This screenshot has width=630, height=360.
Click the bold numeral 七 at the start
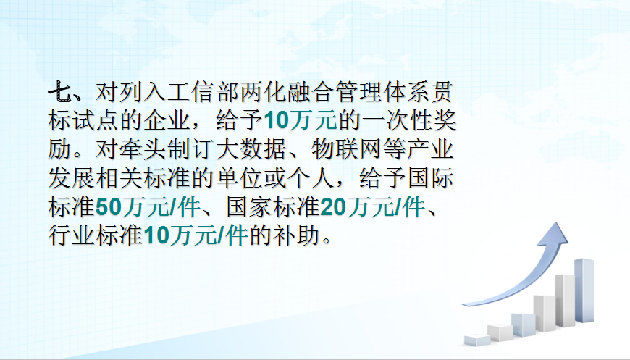(59, 92)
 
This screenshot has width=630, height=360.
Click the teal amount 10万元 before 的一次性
(300, 120)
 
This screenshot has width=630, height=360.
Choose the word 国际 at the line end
(432, 177)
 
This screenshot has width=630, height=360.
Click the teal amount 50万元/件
(148, 206)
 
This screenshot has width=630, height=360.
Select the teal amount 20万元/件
(373, 206)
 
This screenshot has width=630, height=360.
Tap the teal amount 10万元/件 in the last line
(196, 235)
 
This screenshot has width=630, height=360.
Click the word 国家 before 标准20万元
(249, 206)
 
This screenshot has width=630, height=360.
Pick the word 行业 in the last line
(72, 235)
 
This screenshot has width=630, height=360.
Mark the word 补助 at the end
(296, 235)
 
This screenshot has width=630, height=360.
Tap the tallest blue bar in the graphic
(584, 290)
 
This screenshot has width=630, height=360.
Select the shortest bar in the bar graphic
(477, 340)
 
